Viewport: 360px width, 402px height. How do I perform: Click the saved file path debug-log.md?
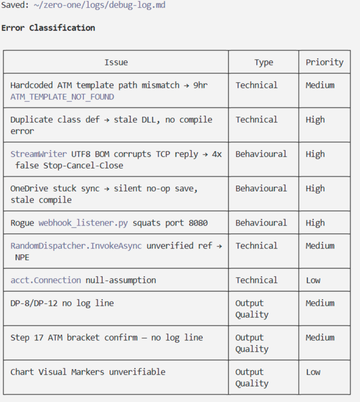[99, 5]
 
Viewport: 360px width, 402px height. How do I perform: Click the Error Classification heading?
[48, 28]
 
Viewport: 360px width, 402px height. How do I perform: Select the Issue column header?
[116, 62]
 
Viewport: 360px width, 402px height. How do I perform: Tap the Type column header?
[263, 63]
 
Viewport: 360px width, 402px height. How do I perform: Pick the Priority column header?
[324, 63]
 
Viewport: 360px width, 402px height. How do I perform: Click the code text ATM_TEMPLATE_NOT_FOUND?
[63, 97]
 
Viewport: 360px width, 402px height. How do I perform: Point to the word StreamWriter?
[39, 154]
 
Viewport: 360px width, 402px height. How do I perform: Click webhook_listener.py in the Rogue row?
[83, 223]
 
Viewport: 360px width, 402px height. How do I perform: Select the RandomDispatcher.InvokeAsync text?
[76, 246]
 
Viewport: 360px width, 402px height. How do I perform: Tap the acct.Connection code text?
[46, 280]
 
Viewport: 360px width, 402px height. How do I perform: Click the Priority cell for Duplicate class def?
[315, 119]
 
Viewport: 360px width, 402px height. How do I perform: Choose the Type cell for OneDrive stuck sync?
[261, 189]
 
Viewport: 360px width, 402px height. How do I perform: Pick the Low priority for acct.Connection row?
[313, 280]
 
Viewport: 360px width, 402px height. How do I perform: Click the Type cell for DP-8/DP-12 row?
[252, 309]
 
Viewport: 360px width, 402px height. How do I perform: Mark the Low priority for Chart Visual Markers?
[313, 372]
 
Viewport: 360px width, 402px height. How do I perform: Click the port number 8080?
[198, 223]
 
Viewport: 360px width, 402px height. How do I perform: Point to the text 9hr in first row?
[200, 85]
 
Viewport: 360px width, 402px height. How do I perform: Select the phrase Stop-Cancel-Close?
[83, 165]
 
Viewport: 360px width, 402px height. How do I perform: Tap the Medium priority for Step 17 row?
[320, 337]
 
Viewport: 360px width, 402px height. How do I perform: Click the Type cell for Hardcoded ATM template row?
[257, 85]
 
